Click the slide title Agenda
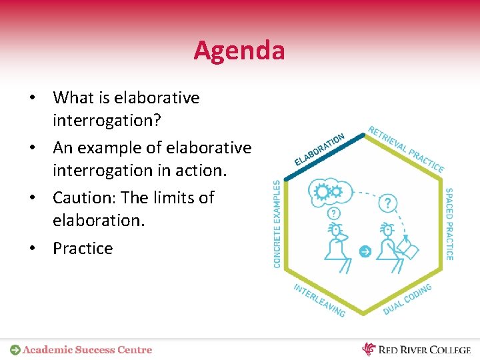[239, 50]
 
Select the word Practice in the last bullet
[83, 248]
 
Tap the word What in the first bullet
[73, 98]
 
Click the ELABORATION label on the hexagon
[319, 149]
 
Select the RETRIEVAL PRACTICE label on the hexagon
[406, 149]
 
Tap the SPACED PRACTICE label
[449, 224]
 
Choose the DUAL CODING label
[407, 299]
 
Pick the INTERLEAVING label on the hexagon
[319, 300]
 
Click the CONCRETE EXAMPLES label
[277, 224]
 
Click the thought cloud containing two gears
[329, 192]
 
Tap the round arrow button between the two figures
[364, 251]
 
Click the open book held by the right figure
[407, 250]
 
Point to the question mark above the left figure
[333, 213]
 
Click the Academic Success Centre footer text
[87, 349]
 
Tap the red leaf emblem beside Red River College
[369, 349]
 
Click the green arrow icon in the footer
[15, 349]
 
